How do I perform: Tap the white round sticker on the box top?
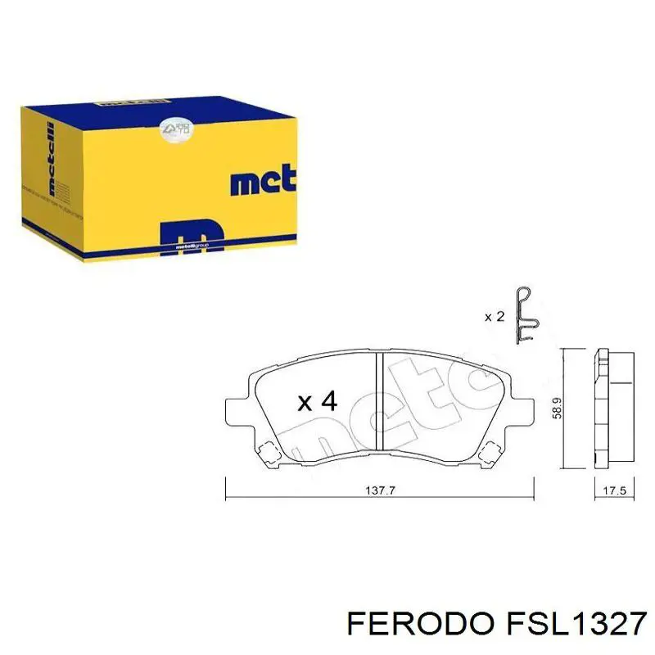pos(175,127)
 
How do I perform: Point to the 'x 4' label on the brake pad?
pos(317,401)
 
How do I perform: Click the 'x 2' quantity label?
pos(494,316)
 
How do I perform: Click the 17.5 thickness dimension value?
pos(613,491)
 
